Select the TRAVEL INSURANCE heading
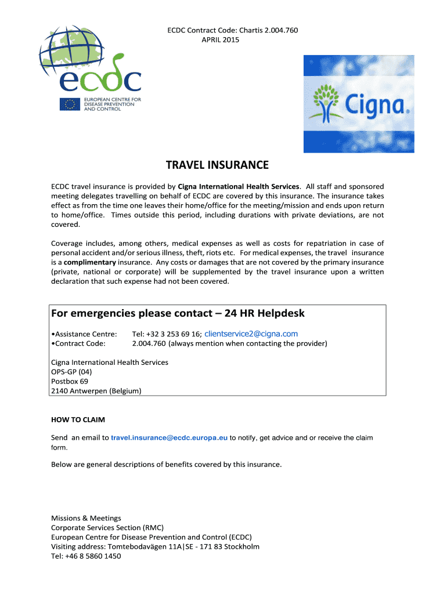[217, 166]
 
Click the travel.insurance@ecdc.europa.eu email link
[169, 437]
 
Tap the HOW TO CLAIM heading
[78, 419]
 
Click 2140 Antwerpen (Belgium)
[96, 391]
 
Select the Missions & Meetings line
[86, 518]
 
